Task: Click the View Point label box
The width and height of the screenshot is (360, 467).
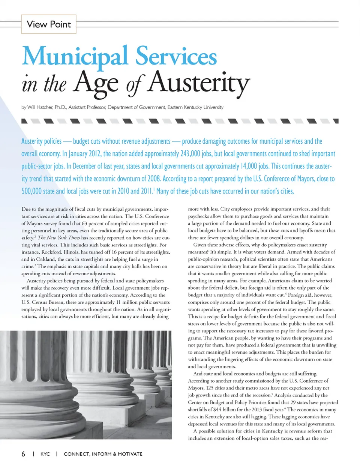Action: coord(49,24)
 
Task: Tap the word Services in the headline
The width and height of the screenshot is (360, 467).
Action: coord(176,56)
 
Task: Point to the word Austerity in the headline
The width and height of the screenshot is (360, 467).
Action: coord(198,83)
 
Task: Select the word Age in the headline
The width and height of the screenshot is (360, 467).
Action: coord(96,83)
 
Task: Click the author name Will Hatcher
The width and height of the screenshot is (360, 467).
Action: coord(40,107)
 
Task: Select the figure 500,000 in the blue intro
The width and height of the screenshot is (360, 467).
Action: coord(31,191)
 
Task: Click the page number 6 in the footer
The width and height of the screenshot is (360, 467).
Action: coord(23,454)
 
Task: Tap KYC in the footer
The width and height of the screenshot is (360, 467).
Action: coord(45,454)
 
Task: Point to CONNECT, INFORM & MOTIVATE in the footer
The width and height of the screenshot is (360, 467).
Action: coord(103,454)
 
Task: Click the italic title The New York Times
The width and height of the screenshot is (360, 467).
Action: coord(59,238)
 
